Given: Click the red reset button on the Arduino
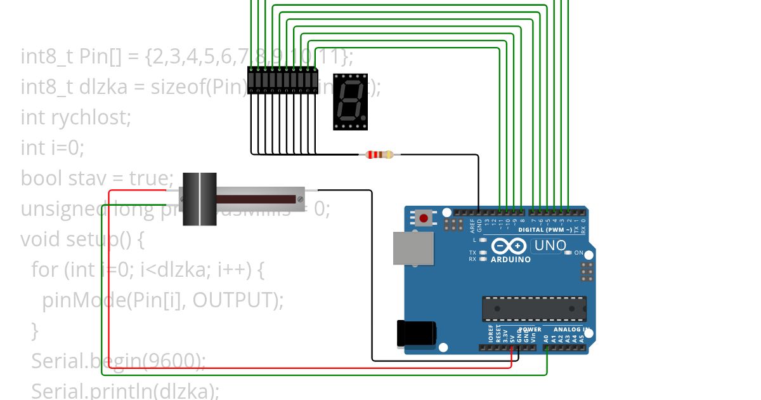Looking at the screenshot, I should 424,218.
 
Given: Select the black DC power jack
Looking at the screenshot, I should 416,334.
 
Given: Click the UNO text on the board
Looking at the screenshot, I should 550,245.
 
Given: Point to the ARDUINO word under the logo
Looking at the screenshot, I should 511,259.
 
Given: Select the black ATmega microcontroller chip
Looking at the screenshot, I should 534,308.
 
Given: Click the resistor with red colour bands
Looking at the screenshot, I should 380,154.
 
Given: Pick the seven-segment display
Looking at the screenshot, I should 350,102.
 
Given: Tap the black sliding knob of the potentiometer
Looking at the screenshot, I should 199,199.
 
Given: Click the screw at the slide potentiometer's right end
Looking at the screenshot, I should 301,199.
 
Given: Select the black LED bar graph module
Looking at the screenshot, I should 282,81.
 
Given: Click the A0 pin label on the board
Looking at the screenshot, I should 546,338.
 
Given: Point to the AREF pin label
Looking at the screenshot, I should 472,226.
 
